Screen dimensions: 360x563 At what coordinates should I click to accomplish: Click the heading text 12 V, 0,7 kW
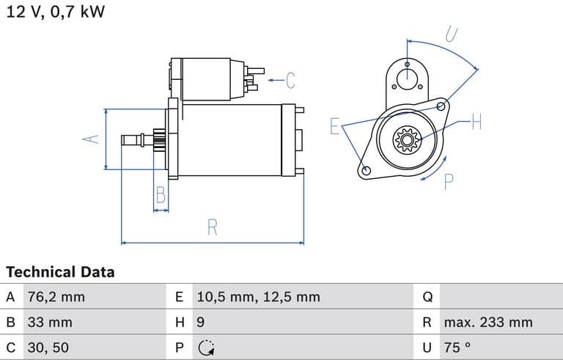point(55,12)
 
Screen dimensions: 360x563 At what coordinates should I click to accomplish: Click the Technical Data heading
point(60,272)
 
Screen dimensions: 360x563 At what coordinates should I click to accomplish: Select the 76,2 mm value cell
point(56,297)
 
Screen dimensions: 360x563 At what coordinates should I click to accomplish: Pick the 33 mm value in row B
point(50,322)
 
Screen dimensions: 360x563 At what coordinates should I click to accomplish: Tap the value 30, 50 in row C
point(48,347)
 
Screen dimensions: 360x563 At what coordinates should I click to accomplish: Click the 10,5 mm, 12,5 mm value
point(258,297)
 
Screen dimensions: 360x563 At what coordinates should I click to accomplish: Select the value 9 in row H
point(201,322)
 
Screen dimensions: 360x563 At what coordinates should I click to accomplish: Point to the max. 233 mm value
point(487,322)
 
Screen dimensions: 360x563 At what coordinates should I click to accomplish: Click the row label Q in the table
point(428,297)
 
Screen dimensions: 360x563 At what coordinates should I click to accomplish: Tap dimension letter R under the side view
point(213,227)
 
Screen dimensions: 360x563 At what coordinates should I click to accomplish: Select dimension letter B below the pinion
point(161,195)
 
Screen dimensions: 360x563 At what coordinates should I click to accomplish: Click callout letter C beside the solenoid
point(290,79)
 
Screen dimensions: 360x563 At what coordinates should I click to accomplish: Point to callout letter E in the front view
point(334,126)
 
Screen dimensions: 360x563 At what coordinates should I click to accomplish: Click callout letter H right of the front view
point(476,122)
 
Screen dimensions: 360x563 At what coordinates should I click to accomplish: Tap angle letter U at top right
point(452,34)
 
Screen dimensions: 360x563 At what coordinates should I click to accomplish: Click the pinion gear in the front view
point(405,139)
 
